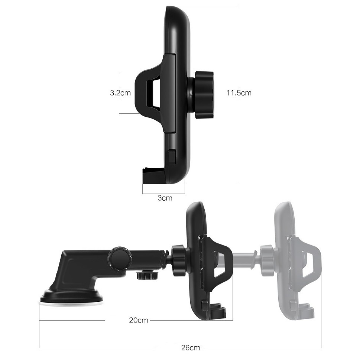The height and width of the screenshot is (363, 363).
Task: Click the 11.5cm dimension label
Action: [x=239, y=93]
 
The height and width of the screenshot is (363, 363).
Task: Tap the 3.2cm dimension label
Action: [x=120, y=93]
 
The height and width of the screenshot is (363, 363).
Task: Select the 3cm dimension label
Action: [x=165, y=198]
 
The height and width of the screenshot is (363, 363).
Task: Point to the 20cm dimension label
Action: [x=139, y=320]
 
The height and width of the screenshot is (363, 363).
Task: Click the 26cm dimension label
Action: [x=191, y=347]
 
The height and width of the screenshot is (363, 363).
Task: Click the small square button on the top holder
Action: [x=172, y=157]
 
